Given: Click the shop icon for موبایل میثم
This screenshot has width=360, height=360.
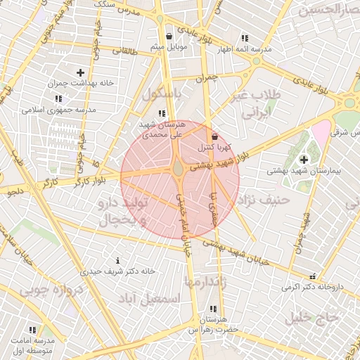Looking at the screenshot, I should [x=169, y=37].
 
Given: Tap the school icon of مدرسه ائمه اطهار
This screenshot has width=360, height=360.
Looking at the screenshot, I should [x=244, y=38].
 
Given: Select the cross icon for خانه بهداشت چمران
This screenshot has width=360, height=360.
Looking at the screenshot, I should [x=80, y=72].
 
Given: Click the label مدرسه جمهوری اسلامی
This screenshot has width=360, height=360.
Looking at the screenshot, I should [x=52, y=110].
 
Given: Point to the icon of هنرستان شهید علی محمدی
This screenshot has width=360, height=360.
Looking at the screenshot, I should [x=162, y=112].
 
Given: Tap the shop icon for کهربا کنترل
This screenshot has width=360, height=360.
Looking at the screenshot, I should [x=214, y=137].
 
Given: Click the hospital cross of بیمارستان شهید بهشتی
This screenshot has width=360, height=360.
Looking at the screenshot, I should [x=304, y=160].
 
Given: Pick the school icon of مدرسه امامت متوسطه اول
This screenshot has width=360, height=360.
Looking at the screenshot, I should [x=32, y=330].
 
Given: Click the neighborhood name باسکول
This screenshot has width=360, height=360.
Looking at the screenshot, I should [x=162, y=94].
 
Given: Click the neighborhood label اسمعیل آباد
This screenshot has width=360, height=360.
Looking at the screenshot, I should [x=150, y=299].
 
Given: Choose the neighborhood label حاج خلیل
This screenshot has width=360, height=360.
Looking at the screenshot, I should [x=311, y=317].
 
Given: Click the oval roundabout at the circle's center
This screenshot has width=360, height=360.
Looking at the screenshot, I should [x=179, y=169].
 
